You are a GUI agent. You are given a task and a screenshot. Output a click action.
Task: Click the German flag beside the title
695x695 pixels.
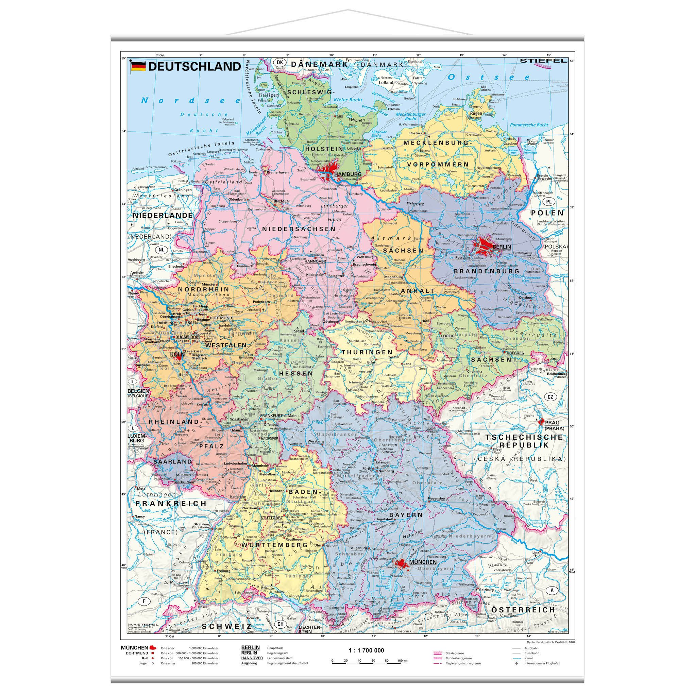pyautogui.click(x=138, y=66)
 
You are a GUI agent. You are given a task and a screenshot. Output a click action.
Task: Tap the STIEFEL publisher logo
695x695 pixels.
pyautogui.click(x=543, y=61)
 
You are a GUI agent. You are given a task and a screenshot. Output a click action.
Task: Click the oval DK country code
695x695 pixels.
pyautogui.click(x=278, y=62)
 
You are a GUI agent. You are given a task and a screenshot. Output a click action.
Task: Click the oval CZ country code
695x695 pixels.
pyautogui.click(x=550, y=397)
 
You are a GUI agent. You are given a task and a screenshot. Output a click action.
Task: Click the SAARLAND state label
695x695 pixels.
pyautogui.click(x=168, y=461)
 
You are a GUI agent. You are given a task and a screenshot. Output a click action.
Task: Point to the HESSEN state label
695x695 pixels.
pyautogui.click(x=296, y=373)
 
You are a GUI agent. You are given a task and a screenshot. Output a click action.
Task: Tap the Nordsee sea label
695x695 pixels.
pyautogui.click(x=191, y=100)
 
